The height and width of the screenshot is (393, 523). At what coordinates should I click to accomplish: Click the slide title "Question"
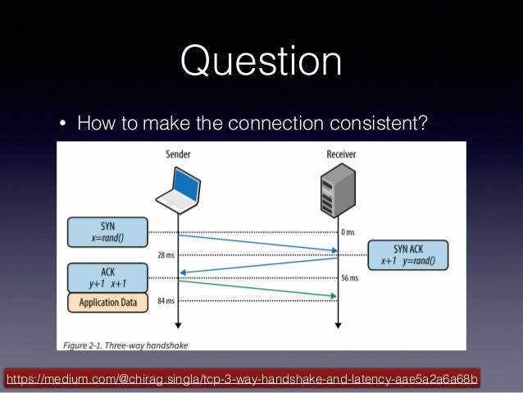point(261,63)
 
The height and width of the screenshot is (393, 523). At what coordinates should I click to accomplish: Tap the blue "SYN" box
point(108,232)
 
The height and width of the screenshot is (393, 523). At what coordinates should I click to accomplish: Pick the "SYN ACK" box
point(408,255)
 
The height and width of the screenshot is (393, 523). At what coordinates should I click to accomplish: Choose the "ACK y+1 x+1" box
point(108,277)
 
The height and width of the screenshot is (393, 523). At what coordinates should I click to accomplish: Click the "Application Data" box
point(108,303)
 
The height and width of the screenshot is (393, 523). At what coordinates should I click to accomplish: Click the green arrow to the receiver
point(258,289)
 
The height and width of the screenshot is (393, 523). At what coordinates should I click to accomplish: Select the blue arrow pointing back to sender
point(258,266)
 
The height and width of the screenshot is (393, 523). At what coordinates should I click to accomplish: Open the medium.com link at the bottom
point(242,379)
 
